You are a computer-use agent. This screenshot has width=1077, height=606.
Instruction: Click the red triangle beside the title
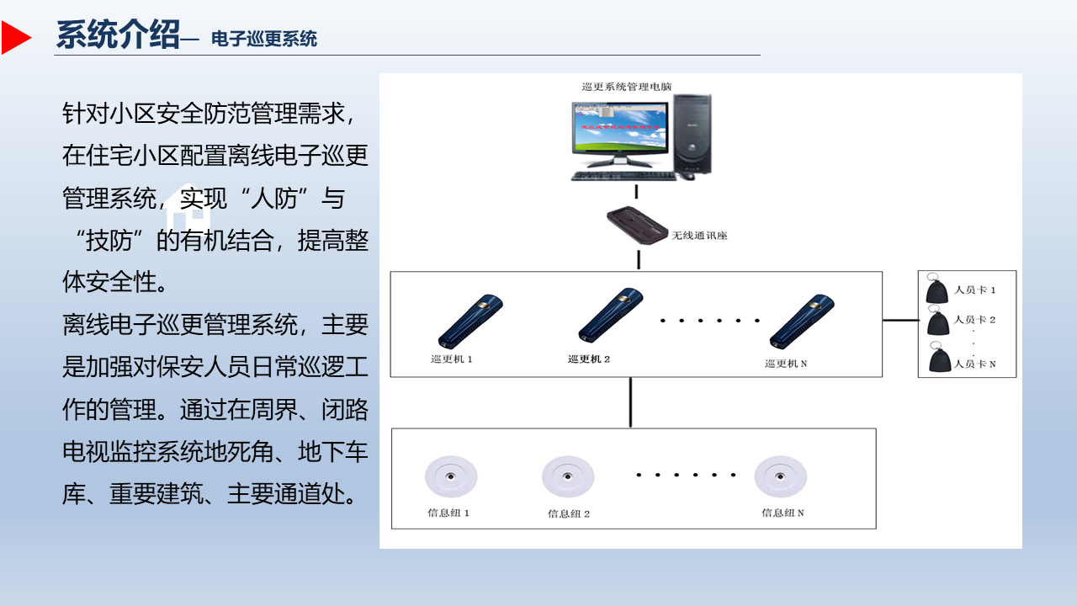coord(15,37)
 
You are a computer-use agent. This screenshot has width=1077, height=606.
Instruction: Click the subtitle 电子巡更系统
coord(264,39)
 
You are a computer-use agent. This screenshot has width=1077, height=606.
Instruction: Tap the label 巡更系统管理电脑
coord(627,87)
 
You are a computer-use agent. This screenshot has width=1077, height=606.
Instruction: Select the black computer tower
coord(692,134)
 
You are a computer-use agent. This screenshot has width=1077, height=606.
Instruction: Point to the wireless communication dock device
coord(638,226)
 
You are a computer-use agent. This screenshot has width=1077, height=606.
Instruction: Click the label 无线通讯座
coord(699,235)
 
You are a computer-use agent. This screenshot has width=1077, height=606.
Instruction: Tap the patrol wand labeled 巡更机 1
coord(470,321)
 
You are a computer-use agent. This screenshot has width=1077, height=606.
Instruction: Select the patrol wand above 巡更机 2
coord(610,315)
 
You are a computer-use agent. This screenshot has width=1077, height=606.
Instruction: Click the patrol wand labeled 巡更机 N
coord(802,321)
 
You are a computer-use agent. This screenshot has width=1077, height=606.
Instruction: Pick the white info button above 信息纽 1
coord(451,476)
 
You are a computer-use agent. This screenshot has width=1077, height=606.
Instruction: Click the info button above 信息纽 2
coord(568,476)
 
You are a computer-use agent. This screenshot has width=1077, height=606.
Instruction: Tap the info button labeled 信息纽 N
coord(780,476)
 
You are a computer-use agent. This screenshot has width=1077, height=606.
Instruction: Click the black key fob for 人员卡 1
coord(936,289)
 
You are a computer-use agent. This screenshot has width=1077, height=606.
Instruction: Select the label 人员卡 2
coord(974,320)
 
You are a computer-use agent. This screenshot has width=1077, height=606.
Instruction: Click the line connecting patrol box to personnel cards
coord(900,320)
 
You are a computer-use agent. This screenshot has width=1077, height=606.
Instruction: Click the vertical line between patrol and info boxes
coord(630,402)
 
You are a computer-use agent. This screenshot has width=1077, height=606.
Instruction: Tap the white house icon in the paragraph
coord(188,207)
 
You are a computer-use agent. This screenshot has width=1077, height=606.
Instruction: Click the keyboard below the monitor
coord(623,176)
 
